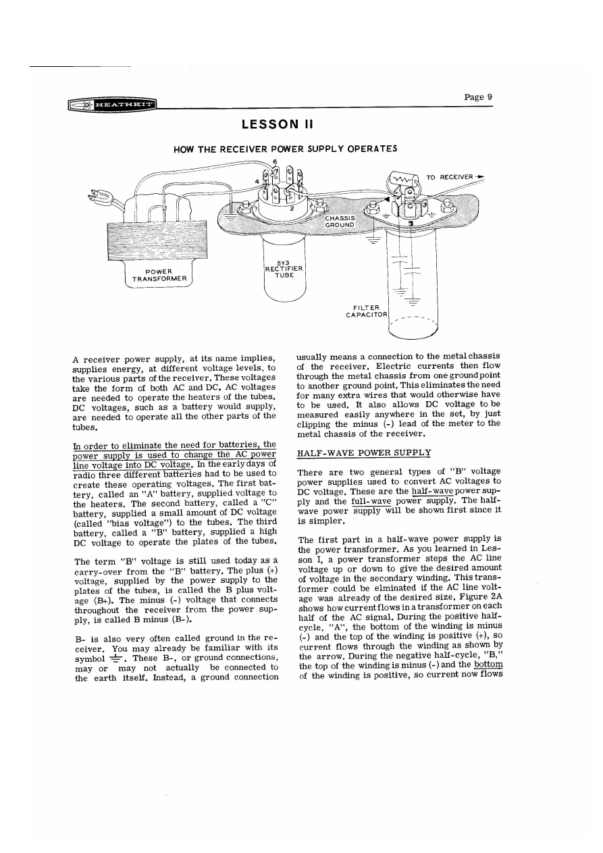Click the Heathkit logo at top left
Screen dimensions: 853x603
tap(112, 105)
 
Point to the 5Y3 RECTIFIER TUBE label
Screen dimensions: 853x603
tap(284, 269)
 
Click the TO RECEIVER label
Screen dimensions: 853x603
tap(451, 178)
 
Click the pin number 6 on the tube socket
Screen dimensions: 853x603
tap(274, 161)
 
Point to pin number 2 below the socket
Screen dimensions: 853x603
tap(292, 209)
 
